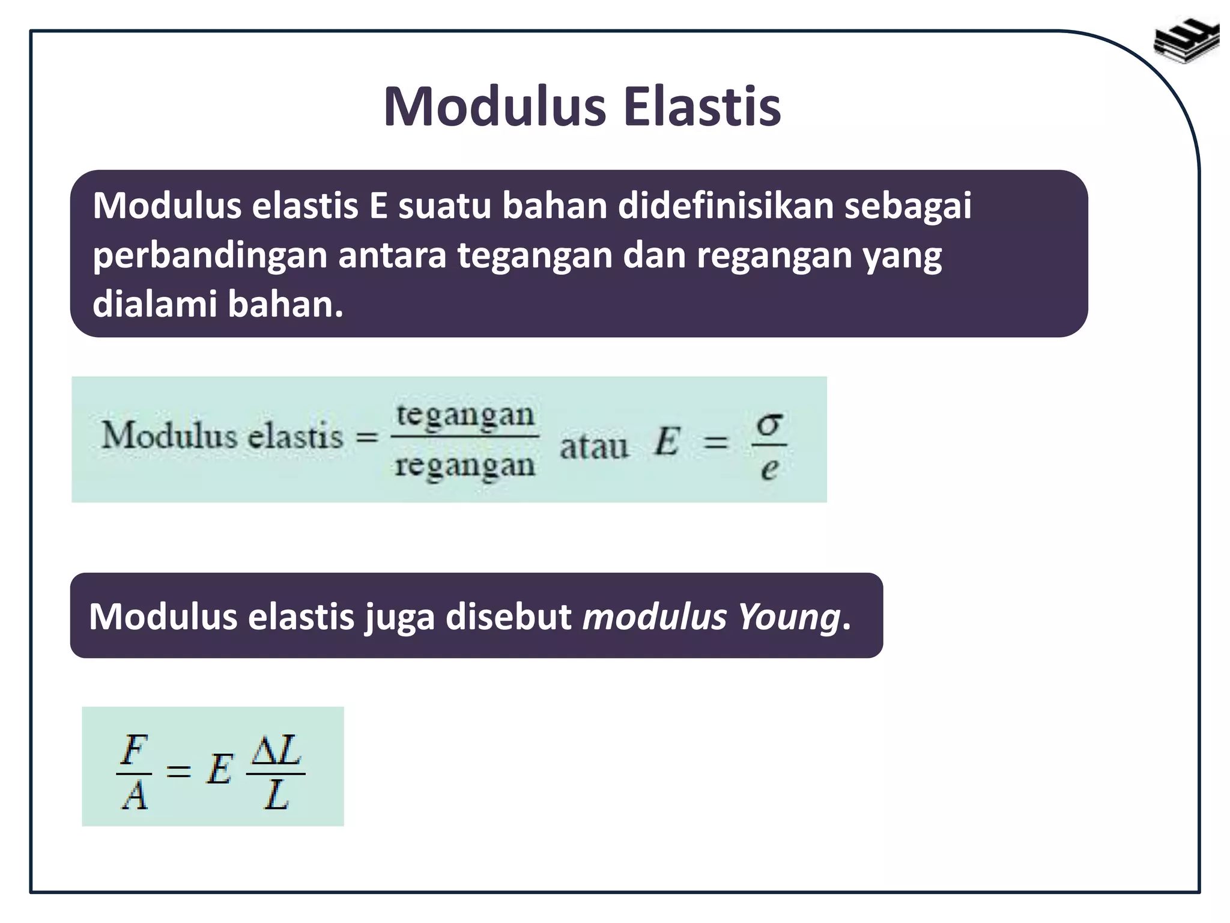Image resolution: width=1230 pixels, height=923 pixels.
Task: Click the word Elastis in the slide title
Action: pyautogui.click(x=702, y=107)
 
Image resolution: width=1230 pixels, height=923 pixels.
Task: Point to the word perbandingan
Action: pyautogui.click(x=210, y=256)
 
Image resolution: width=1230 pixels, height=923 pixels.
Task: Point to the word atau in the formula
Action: pyautogui.click(x=593, y=446)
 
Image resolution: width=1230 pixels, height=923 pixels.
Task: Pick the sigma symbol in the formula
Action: pyautogui.click(x=769, y=424)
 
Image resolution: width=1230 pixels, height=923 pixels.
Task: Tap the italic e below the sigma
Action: pyautogui.click(x=769, y=468)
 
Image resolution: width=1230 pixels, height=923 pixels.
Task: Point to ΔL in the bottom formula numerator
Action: pyautogui.click(x=276, y=749)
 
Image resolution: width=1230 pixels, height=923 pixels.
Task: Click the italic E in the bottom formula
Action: pyautogui.click(x=219, y=770)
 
